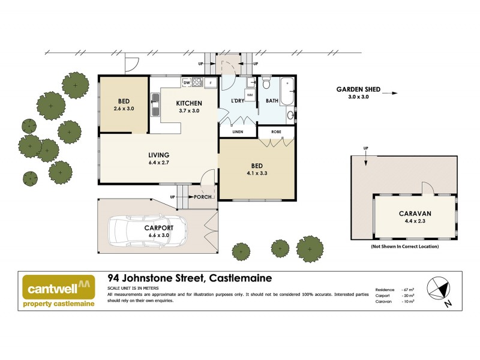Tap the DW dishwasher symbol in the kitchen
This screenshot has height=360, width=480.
click(187, 83)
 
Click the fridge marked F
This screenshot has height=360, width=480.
click(211, 83)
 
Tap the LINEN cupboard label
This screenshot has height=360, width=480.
click(238, 131)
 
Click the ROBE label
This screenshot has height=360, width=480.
click(276, 131)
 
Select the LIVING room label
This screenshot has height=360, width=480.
click(158, 155)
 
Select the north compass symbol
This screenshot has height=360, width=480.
click(440, 289)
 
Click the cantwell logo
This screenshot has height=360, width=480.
click(59, 287)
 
